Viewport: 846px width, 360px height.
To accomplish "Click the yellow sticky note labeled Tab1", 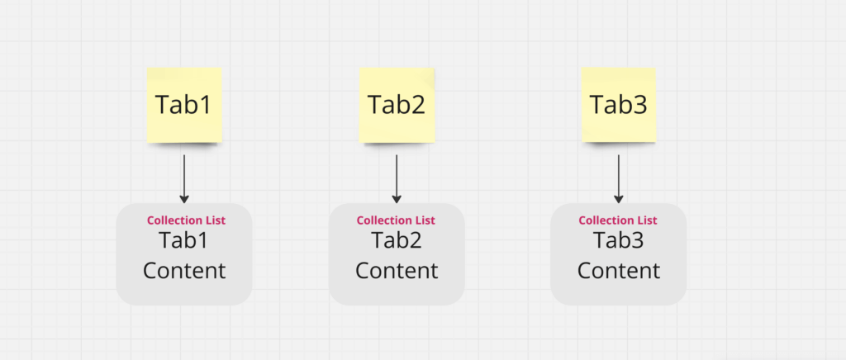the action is (x=184, y=105).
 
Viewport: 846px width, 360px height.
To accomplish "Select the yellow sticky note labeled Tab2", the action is (x=397, y=105).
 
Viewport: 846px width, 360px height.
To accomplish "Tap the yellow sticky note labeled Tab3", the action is (x=618, y=105).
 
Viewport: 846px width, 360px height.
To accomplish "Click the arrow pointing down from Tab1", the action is (x=184, y=179).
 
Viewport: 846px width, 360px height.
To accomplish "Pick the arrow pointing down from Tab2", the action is (x=397, y=179).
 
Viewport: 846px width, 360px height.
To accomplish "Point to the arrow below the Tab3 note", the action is (x=618, y=179).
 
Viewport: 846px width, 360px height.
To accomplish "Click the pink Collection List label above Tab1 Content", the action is (x=186, y=220).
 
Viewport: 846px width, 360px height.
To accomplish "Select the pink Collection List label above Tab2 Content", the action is (x=396, y=220).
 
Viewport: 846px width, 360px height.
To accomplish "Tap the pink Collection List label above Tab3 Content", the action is (x=618, y=220).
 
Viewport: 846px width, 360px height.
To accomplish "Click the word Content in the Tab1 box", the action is (x=184, y=271).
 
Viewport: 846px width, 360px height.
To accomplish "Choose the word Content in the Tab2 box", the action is (x=397, y=271).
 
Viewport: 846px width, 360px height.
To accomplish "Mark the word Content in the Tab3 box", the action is (x=618, y=271).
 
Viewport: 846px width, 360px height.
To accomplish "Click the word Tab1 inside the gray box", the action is (x=183, y=240).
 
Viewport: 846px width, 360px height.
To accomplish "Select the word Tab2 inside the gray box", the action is (x=396, y=240).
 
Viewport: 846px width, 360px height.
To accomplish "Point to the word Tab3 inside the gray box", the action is (x=618, y=240).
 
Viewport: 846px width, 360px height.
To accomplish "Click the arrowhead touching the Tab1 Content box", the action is (x=184, y=199).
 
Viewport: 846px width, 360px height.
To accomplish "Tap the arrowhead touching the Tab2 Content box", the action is (x=397, y=199).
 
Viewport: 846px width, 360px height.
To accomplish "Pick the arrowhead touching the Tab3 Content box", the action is (x=618, y=199).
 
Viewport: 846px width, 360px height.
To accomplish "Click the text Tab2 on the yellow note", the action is (x=397, y=105).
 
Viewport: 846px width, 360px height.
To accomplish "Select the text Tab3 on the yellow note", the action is (x=618, y=105).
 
